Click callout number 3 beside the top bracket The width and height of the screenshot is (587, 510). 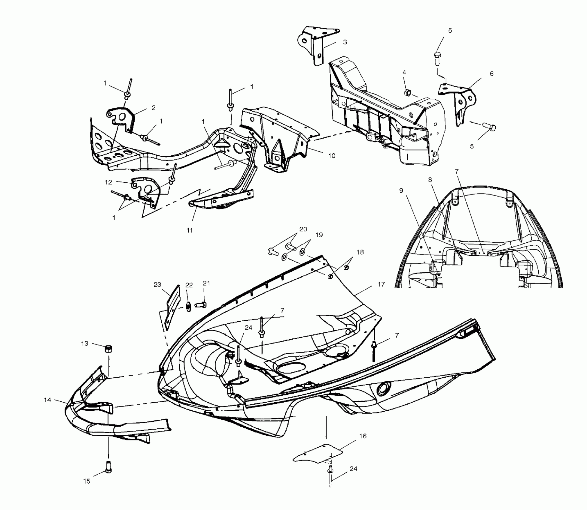pos(345,42)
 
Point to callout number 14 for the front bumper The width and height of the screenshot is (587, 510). pos(47,400)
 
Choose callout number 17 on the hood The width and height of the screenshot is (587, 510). pos(381,284)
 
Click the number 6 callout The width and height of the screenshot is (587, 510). pos(491,73)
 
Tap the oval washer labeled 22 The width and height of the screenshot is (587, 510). pos(189,307)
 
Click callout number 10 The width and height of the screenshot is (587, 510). pos(331,156)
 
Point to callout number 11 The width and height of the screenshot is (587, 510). pos(190,230)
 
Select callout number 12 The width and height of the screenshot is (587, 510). pos(108,182)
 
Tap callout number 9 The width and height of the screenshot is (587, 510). pos(401,190)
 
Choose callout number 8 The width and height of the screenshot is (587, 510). pos(430,180)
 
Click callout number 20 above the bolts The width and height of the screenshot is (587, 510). pos(303,229)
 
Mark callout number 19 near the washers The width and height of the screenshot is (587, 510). pos(319,235)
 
